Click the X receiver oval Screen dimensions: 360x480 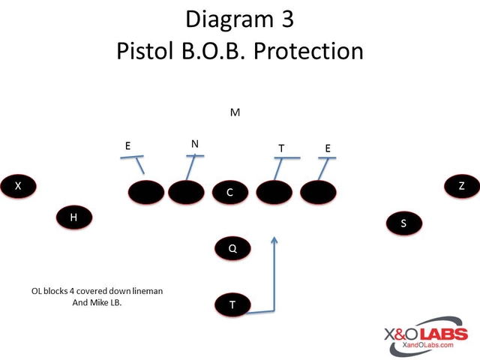[x=18, y=185]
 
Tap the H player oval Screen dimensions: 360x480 [x=73, y=217]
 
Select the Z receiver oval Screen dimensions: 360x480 [x=460, y=185]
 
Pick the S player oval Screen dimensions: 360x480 [x=403, y=223]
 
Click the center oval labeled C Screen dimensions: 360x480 [x=230, y=193]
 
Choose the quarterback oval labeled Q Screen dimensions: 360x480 [x=233, y=248]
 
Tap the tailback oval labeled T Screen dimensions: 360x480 [x=232, y=304]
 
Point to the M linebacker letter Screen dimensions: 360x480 [x=235, y=112]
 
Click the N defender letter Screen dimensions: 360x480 [x=195, y=143]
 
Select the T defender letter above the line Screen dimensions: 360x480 [x=281, y=148]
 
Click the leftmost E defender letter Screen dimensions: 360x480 [x=128, y=146]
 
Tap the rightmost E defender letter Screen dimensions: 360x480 [x=328, y=148]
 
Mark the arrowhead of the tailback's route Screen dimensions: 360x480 [x=275, y=241]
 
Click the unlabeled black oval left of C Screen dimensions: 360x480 [x=187, y=193]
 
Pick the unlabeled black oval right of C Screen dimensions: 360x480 [x=274, y=193]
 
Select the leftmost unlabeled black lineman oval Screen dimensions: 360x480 [x=146, y=193]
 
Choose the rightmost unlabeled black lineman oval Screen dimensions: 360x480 [x=319, y=193]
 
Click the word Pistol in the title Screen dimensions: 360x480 [x=148, y=51]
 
